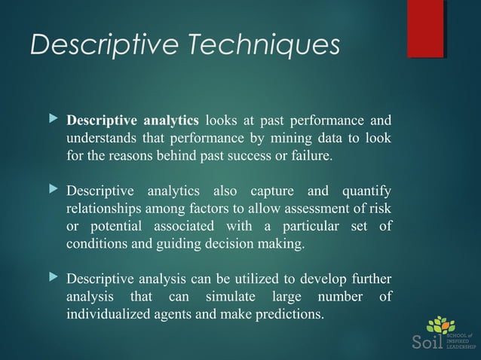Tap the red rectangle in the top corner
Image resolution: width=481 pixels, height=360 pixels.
pyautogui.click(x=425, y=29)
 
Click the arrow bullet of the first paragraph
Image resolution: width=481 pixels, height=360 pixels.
pyautogui.click(x=52, y=121)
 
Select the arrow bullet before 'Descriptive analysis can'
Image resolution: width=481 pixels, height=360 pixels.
pyautogui.click(x=52, y=277)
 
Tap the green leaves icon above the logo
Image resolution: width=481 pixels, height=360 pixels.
pyautogui.click(x=441, y=325)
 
